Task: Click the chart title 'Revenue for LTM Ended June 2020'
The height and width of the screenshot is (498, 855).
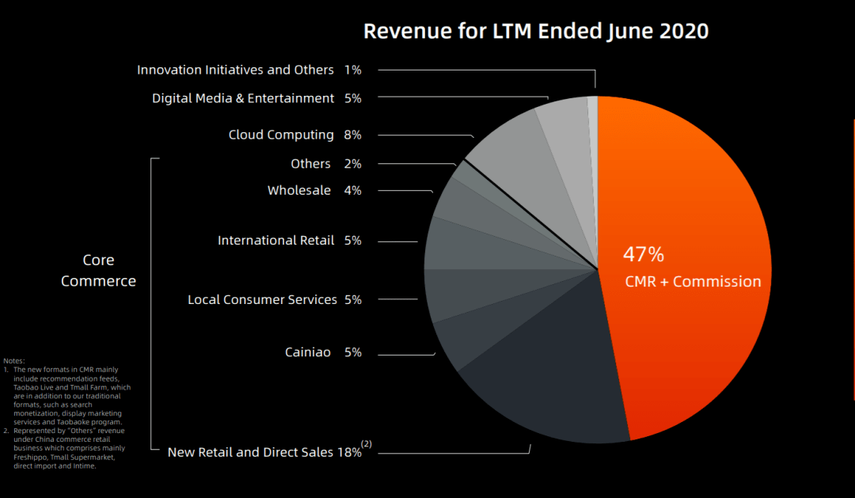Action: (536, 31)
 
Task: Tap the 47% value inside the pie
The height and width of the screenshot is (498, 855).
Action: (644, 254)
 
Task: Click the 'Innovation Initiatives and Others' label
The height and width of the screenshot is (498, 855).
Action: (235, 70)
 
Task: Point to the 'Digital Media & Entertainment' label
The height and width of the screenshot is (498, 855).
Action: (243, 98)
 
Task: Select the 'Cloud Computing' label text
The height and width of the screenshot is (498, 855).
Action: (281, 135)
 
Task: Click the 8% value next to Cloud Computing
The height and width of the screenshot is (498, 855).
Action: (353, 135)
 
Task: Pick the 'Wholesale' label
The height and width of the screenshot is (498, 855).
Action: (298, 190)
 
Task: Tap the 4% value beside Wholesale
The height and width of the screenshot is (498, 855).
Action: (353, 190)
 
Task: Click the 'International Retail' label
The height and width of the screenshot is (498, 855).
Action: (275, 241)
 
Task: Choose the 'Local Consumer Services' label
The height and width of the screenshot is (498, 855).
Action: (262, 299)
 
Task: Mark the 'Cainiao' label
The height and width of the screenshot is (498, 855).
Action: (307, 352)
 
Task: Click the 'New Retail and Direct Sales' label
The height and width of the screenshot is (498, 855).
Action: (250, 452)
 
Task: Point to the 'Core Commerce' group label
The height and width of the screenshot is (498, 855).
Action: (98, 271)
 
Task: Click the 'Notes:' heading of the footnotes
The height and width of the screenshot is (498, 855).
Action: (14, 360)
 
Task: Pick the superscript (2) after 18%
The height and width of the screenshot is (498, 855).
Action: (367, 444)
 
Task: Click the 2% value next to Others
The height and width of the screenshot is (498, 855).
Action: (353, 164)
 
